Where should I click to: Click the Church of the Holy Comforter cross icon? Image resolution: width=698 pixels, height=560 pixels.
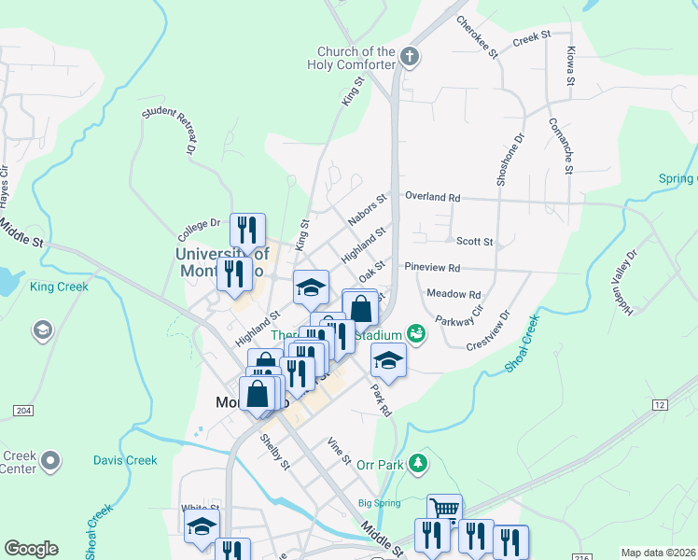409,58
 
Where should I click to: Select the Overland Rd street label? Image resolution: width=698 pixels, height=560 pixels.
432,197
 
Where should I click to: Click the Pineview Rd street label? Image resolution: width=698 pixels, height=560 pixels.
432,268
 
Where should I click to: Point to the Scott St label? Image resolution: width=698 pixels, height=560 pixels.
474,241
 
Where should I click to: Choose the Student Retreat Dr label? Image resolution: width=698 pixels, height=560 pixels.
169,130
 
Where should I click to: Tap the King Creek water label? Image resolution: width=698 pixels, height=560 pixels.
59,287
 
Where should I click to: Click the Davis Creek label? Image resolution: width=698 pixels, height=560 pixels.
125,460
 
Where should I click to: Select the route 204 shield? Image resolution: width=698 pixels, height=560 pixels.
23,411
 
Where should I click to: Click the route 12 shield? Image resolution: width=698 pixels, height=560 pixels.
660,403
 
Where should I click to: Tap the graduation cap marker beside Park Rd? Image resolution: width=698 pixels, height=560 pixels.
389,359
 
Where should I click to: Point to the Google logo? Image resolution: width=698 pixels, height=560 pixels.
31,549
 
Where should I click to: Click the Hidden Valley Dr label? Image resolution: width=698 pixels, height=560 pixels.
625,280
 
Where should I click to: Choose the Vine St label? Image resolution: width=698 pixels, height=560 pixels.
339,453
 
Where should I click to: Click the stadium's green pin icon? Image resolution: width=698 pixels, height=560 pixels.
416,333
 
